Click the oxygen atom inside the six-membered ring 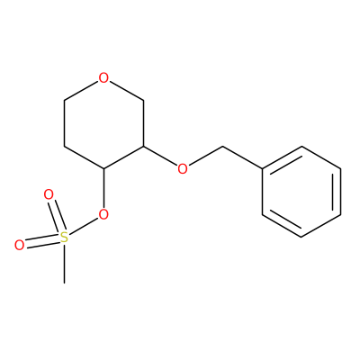(103, 78)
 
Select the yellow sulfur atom (64, 238)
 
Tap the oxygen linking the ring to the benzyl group (183, 169)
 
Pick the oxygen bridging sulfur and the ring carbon (103, 214)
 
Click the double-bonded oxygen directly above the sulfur (49, 194)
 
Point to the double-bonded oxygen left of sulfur (19, 245)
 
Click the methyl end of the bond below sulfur (64, 283)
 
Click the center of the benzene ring (301, 192)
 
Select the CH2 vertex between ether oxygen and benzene (222, 147)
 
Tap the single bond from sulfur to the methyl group (64, 264)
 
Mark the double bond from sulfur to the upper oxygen (57, 217)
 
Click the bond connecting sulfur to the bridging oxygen (84, 226)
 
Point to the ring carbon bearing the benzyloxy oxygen (143, 147)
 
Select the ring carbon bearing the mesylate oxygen (103, 169)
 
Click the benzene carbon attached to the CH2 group (262, 169)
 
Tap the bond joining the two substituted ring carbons (123, 157)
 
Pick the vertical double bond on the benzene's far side (337, 192)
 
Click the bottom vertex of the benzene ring (301, 238)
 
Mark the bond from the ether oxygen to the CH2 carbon (205, 157)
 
